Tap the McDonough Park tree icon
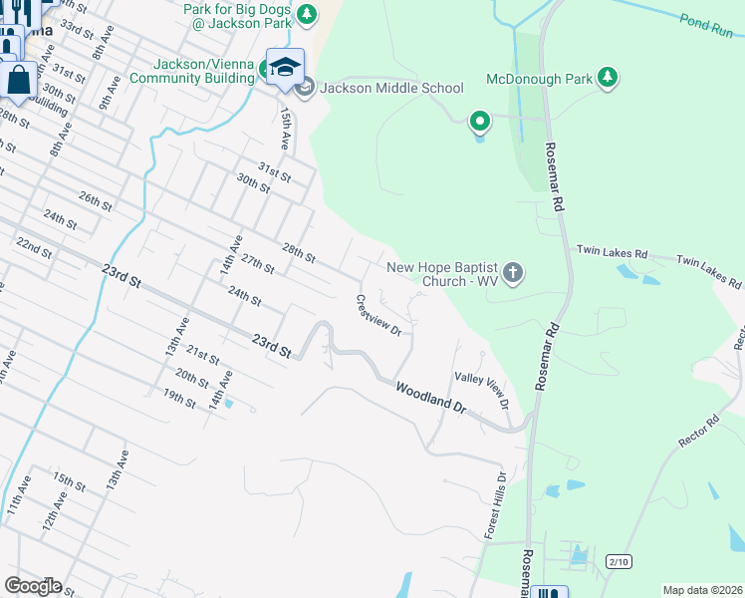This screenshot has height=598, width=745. click(x=607, y=78)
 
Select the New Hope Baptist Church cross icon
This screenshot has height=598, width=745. click(x=512, y=273)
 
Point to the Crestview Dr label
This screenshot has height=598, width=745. click(x=378, y=315)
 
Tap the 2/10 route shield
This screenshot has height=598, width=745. click(x=619, y=562)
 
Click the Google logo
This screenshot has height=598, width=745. click(x=33, y=586)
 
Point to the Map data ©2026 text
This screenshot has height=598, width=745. click(x=701, y=590)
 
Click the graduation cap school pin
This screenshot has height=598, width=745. click(x=285, y=67)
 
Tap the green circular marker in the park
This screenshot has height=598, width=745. click(x=479, y=123)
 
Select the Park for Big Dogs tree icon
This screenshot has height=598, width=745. click(x=307, y=14)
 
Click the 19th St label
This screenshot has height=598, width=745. click(x=179, y=399)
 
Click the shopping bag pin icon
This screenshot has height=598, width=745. click(x=19, y=79)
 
